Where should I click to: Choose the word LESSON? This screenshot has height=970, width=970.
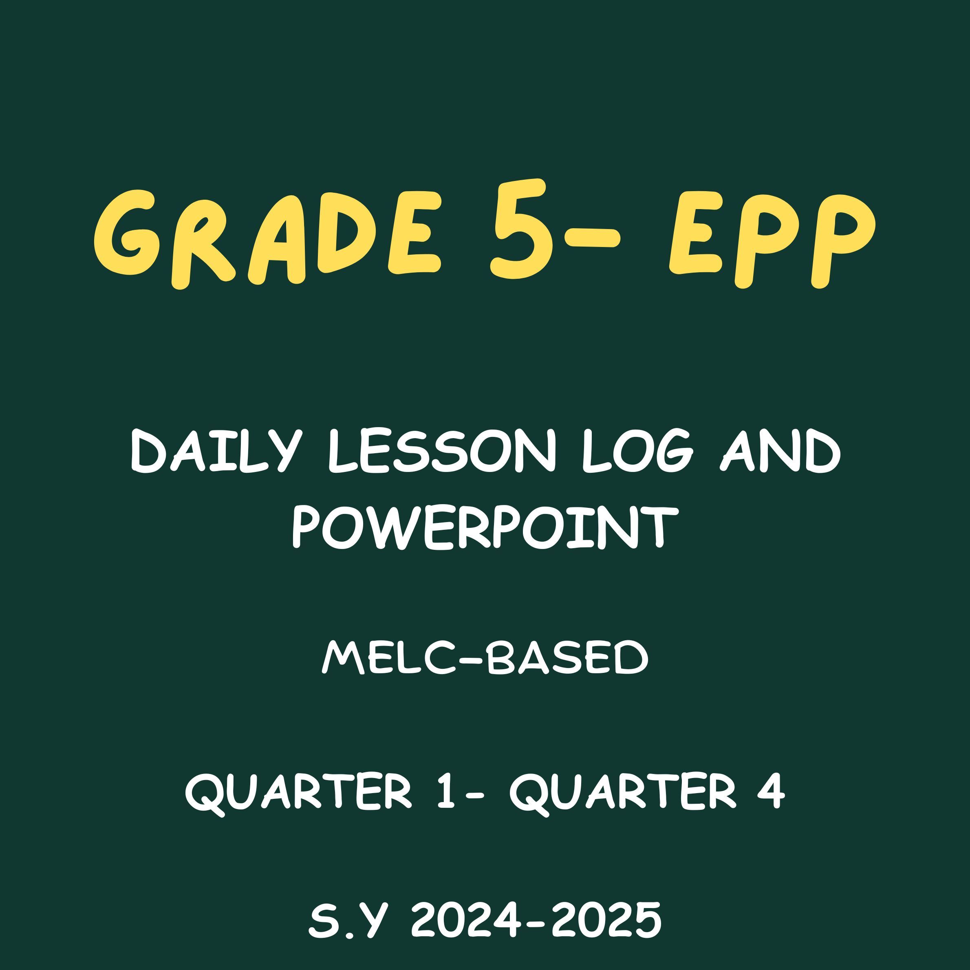click(x=442, y=452)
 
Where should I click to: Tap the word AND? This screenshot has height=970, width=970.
click(x=781, y=452)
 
